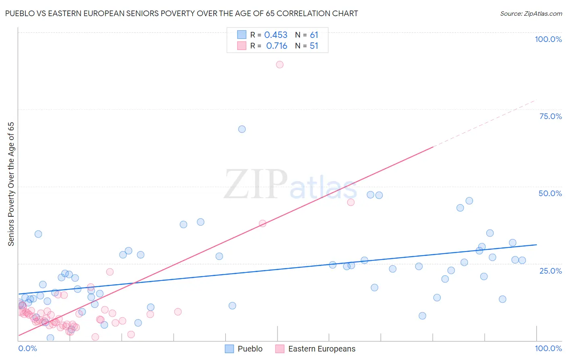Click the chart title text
pyautogui.click(x=181, y=14)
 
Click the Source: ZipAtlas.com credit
pyautogui.click(x=531, y=14)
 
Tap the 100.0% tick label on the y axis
pyautogui.click(x=548, y=39)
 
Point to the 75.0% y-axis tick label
pyautogui.click(x=550, y=116)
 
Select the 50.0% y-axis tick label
pyautogui.click(x=550, y=193)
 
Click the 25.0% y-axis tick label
pyautogui.click(x=550, y=270)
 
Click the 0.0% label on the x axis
pyautogui.click(x=27, y=348)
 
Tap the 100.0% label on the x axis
pyautogui.click(x=548, y=348)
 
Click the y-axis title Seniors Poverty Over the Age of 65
pyautogui.click(x=11, y=184)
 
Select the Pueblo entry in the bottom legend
pyautogui.click(x=250, y=349)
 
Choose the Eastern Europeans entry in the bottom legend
pyautogui.click(x=321, y=349)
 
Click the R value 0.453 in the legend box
pyautogui.click(x=276, y=35)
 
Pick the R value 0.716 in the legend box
pyautogui.click(x=277, y=46)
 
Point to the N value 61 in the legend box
pyautogui.click(x=314, y=35)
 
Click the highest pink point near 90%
pyautogui.click(x=279, y=65)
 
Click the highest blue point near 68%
pyautogui.click(x=242, y=129)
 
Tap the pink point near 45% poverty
pyautogui.click(x=351, y=202)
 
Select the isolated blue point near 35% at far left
pyautogui.click(x=38, y=234)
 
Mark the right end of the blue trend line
pyautogui.click(x=536, y=245)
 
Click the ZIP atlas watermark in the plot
pyautogui.click(x=290, y=184)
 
